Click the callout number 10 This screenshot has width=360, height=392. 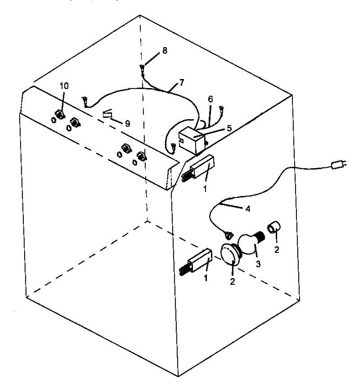(x=64, y=86)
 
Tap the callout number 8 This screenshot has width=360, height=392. (x=165, y=51)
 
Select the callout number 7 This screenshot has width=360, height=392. (x=181, y=82)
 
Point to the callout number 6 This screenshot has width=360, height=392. (x=210, y=99)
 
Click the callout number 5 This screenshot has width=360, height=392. (x=229, y=128)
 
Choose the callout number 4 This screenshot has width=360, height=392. (x=248, y=209)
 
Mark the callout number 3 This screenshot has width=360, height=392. (x=258, y=264)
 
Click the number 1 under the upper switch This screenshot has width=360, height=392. (x=205, y=189)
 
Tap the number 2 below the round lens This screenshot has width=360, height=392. (x=232, y=281)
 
